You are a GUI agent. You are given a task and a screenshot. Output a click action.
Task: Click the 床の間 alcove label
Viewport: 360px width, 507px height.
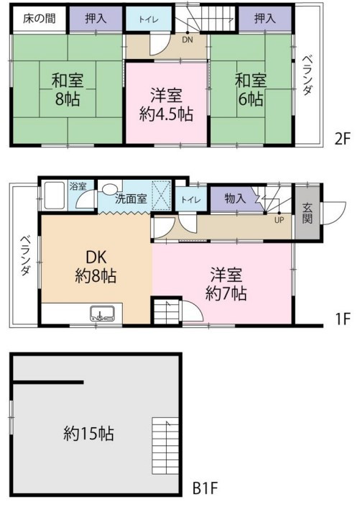click(x=39, y=19)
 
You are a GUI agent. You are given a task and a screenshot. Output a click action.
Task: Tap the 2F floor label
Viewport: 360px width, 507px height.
click(x=342, y=140)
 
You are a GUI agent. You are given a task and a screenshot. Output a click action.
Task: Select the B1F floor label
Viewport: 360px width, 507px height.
click(x=206, y=488)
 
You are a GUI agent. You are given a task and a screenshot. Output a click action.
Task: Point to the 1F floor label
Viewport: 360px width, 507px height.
click(x=343, y=319)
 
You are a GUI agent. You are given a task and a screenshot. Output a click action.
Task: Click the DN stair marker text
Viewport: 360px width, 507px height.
click(x=188, y=40)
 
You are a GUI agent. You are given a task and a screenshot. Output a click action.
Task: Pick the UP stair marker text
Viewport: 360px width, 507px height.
click(x=279, y=220)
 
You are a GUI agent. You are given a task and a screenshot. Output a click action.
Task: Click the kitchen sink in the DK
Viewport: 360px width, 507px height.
click(x=102, y=314)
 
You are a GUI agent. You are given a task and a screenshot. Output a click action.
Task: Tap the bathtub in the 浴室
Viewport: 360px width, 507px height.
click(x=55, y=196)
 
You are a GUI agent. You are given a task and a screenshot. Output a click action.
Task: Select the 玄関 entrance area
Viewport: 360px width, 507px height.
click(x=308, y=212)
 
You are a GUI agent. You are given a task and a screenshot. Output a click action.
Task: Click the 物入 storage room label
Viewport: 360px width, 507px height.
click(x=235, y=198)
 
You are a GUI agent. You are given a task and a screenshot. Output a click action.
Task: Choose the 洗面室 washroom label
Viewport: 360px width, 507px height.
click(x=131, y=199)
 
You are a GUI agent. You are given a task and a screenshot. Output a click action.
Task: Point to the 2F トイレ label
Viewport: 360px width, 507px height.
click(x=149, y=19)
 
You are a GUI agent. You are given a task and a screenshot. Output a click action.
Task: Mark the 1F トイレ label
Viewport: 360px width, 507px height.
click(x=191, y=199)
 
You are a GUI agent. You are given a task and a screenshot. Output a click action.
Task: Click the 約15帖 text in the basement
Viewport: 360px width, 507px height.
click(x=88, y=434)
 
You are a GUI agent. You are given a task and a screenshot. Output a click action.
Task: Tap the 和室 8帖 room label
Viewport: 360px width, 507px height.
click(x=68, y=90)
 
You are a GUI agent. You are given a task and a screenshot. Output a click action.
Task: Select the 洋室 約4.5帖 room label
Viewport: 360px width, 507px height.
click(x=167, y=105)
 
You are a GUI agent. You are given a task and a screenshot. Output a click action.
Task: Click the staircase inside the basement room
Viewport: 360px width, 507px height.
click(x=165, y=446)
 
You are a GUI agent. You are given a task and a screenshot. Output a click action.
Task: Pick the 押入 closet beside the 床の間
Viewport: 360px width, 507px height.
click(x=96, y=19)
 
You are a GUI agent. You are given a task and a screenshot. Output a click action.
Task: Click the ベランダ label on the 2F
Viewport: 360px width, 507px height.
click(x=308, y=76)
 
